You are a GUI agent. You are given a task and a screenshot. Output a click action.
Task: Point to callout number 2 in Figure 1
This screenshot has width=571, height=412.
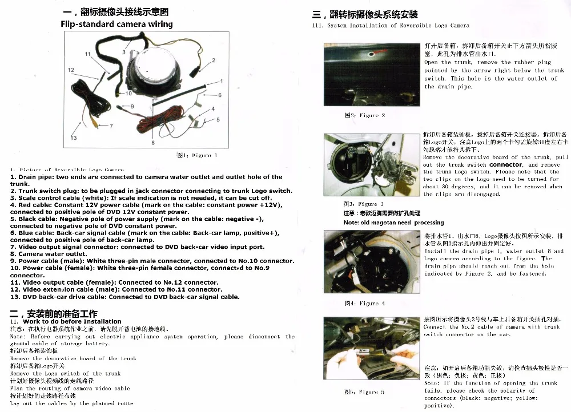pyautogui.click(x=214, y=59)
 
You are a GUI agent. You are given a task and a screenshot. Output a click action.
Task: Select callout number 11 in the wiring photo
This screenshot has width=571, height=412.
pyautogui.click(x=87, y=54)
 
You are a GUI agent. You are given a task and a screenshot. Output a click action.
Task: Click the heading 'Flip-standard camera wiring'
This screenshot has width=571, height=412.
pyautogui.click(x=116, y=24)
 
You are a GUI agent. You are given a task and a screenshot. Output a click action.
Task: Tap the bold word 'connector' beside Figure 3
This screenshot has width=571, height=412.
pyautogui.click(x=505, y=164)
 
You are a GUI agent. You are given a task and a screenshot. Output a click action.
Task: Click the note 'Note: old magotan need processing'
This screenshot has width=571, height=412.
pyautogui.click(x=393, y=223)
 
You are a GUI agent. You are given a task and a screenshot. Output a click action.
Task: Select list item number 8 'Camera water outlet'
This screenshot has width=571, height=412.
pyautogui.click(x=49, y=254)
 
